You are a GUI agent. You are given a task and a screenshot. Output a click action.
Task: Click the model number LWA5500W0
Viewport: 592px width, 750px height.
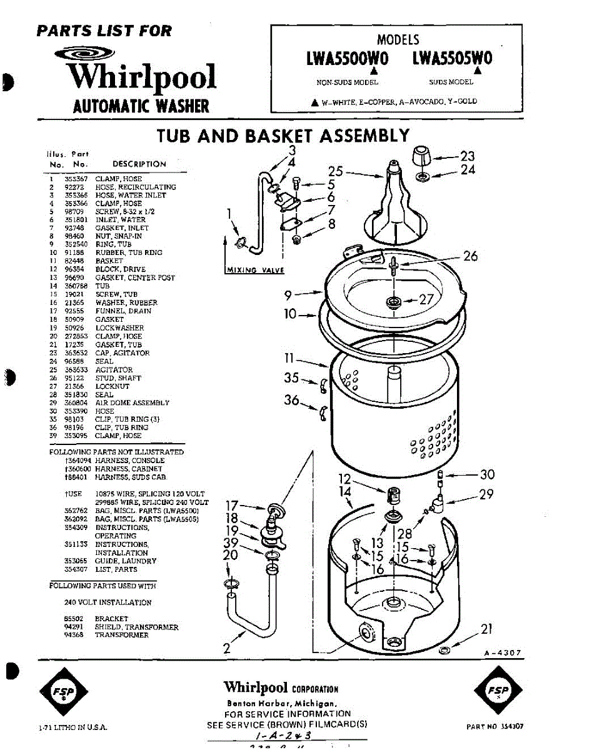(348, 59)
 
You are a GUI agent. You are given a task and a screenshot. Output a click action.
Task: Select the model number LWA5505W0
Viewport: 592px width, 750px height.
(453, 59)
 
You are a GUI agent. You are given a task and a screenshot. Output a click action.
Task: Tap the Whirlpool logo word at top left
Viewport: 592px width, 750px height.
(142, 77)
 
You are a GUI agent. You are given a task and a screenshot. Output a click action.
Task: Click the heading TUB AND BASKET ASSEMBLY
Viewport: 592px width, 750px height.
(283, 136)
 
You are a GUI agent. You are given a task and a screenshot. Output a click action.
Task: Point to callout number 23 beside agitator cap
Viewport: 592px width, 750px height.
(468, 156)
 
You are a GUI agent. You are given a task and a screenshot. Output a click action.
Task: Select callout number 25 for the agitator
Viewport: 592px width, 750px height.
(336, 171)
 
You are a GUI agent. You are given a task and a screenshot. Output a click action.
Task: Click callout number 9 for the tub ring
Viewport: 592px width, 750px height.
(288, 294)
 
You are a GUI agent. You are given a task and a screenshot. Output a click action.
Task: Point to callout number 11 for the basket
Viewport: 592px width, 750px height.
(289, 359)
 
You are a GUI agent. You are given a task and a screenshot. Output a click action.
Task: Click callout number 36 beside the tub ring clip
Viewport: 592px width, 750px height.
(292, 399)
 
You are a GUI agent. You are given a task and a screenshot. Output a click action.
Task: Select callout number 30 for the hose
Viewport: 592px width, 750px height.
(486, 475)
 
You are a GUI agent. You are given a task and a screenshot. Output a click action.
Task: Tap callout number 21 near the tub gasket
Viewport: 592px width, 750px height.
(487, 629)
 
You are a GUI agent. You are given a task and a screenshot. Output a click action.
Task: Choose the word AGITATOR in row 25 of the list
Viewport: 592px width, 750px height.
(114, 370)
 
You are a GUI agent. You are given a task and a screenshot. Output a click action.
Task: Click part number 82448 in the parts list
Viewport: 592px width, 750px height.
(74, 261)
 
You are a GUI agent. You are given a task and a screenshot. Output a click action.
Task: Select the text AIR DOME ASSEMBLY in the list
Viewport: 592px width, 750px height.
(132, 403)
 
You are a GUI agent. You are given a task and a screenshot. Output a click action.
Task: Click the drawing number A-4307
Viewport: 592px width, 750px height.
(502, 653)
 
